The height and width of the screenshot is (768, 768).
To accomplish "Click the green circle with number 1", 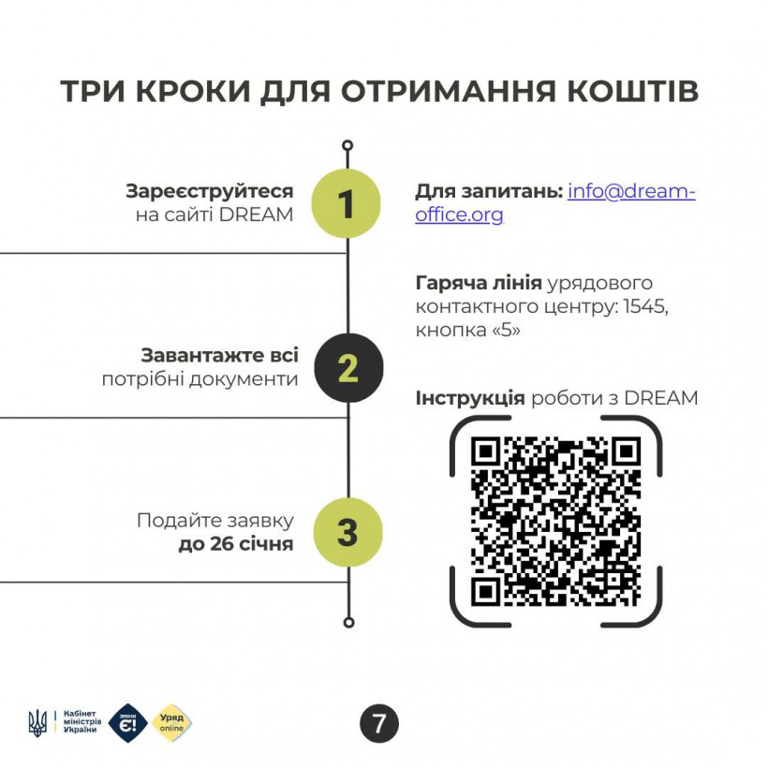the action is pos(347,203).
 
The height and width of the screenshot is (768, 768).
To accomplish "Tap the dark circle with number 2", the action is pos(348,368).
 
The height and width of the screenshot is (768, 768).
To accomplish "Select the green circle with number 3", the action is pos(347,532).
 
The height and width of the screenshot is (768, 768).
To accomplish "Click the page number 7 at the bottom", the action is pos(379,723).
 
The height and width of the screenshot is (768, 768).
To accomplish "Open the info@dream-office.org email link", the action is pos(555,203).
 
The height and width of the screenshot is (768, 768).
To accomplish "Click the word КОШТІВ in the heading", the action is pos(632,91).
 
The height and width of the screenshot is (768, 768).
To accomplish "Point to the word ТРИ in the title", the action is pos(94,91).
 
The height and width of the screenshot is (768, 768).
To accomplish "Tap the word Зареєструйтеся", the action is pos(210,191).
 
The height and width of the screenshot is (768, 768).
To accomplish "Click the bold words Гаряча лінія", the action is pos(479,283).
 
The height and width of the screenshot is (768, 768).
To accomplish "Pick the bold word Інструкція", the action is pos(470,398).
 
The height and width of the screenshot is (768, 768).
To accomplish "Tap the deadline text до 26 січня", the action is pos(236,543).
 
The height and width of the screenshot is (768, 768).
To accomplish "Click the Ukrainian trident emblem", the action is pos(37,723).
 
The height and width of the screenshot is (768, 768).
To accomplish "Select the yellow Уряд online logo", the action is pos(172,723).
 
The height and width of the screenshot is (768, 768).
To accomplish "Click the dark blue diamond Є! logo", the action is pos(127,723).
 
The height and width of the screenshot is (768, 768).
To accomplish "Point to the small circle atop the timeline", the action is pos(347,145).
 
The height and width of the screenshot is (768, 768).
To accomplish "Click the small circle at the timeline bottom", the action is pos(348,623).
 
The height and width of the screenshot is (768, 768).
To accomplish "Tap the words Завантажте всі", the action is pos(219,356).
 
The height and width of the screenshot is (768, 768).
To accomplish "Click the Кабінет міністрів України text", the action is pos(82,721).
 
